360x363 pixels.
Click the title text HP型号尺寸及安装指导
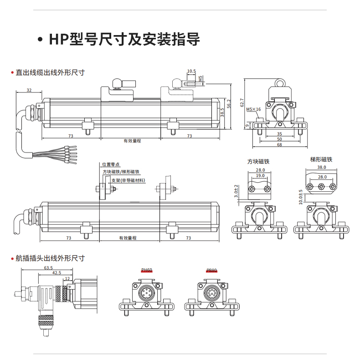124,40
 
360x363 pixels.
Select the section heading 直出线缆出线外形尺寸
50,72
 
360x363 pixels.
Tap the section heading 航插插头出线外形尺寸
50,258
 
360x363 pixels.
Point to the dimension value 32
29,90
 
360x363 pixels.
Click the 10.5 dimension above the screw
191,71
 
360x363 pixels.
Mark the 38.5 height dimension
222,112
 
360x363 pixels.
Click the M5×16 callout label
253,109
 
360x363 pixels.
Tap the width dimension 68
279,144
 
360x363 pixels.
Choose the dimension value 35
279,134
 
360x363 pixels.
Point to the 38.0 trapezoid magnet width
322,167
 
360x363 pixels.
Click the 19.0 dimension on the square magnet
260,175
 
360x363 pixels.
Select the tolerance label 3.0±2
236,192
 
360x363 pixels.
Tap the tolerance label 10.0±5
301,197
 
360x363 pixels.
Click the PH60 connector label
147,270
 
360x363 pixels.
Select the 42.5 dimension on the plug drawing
57,273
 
